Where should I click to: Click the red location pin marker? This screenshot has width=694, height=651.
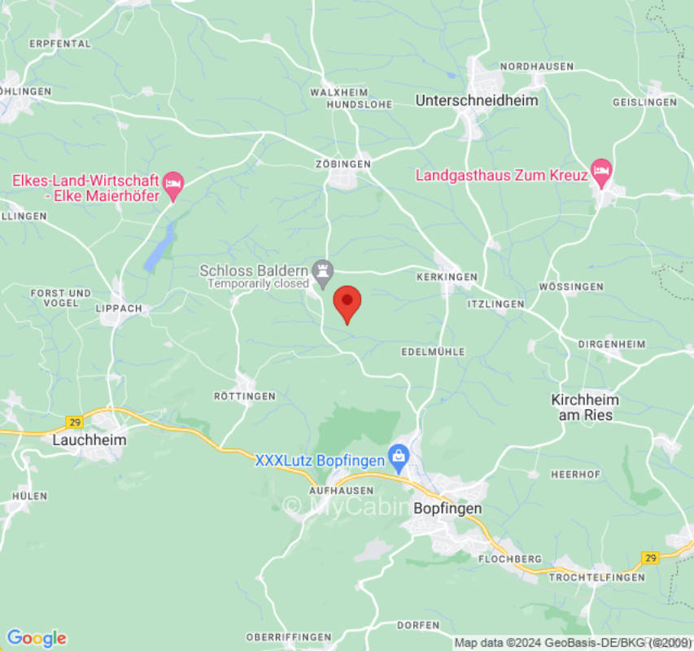(347, 302)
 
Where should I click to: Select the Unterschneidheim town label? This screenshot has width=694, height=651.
(477, 100)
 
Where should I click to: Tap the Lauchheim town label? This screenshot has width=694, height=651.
(88, 439)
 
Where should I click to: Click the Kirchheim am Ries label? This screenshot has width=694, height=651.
(585, 407)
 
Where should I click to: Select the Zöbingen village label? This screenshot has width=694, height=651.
(343, 164)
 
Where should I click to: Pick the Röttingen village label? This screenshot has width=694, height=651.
(244, 395)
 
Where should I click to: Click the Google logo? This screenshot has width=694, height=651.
(36, 638)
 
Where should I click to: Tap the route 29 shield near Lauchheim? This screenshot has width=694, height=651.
(76, 422)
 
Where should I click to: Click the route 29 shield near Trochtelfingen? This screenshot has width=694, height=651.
(650, 558)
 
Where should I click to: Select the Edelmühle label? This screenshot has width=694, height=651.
(434, 352)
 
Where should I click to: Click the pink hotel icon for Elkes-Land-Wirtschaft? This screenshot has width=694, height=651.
(172, 182)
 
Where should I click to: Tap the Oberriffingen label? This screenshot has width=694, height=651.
(289, 637)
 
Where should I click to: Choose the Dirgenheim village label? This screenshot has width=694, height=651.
(612, 344)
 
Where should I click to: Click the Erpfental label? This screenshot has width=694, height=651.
(60, 44)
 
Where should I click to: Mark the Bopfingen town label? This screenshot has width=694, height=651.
(447, 508)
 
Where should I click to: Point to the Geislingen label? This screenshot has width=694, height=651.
(644, 102)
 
